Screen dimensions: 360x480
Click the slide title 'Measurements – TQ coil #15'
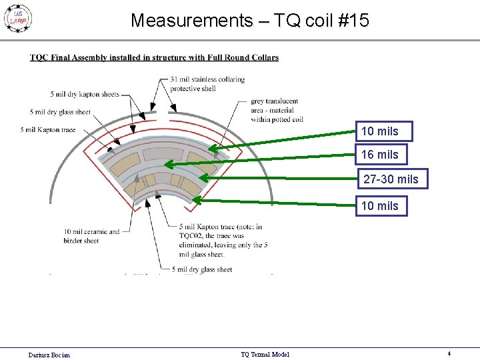click(x=249, y=21)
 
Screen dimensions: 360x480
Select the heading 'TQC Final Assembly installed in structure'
click(x=154, y=57)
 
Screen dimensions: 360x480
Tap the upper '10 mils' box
click(x=383, y=131)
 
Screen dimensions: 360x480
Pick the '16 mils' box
click(x=380, y=155)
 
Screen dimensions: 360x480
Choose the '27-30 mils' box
click(x=391, y=179)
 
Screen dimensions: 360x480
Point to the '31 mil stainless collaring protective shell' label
click(x=207, y=84)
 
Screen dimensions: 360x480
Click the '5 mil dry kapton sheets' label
click(x=84, y=94)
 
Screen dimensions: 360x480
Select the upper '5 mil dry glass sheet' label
click(x=60, y=112)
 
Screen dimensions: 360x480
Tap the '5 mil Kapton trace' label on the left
click(x=49, y=129)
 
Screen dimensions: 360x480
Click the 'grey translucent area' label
click(x=277, y=110)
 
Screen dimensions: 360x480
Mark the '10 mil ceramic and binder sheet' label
click(x=91, y=236)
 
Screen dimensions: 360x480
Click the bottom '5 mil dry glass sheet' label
click(x=201, y=269)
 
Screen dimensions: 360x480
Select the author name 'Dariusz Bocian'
click(x=49, y=355)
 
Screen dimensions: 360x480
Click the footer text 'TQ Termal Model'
click(x=265, y=355)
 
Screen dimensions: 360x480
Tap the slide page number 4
click(x=449, y=354)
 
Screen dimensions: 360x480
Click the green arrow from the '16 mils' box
click(x=260, y=159)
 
